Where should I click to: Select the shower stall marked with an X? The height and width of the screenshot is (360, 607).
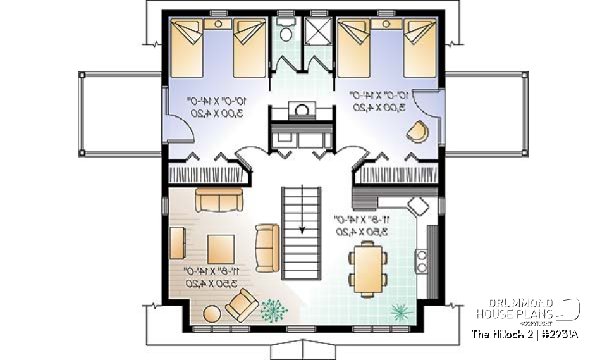coord(314,30)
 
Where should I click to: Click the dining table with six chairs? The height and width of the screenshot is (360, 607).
coord(367,269)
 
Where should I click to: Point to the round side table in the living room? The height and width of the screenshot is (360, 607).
coord(212,314)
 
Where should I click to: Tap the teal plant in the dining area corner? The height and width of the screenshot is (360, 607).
coord(400,311)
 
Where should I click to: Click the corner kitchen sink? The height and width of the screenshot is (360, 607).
coord(418,206)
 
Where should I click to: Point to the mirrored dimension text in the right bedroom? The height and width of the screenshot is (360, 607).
coord(380,101)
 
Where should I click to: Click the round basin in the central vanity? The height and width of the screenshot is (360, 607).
coord(302,110)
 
